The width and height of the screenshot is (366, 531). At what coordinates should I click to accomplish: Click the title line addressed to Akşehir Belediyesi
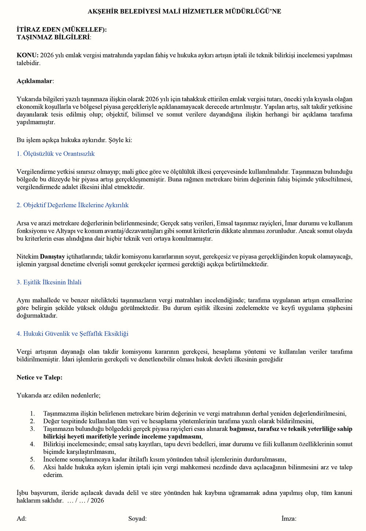coord(184,11)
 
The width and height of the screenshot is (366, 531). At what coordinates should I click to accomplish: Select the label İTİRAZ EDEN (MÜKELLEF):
coord(61,30)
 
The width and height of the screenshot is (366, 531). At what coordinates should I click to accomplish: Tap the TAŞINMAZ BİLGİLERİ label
coord(53,37)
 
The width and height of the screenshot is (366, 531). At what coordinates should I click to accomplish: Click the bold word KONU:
coord(27,55)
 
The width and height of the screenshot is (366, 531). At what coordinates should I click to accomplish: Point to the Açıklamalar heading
coord(35,81)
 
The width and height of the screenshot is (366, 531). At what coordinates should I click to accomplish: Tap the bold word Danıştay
coord(52,257)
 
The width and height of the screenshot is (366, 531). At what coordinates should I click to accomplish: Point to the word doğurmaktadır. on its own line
coord(37,316)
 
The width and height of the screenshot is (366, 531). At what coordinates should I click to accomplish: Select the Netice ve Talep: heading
coord(40,377)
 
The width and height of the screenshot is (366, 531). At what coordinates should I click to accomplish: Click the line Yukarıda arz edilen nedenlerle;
coord(59,395)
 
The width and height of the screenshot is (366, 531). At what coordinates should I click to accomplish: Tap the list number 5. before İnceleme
coord(33,460)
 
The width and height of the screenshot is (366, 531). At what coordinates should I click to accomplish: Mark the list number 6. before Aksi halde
coord(33,467)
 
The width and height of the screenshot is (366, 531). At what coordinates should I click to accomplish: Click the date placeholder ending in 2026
coord(86,501)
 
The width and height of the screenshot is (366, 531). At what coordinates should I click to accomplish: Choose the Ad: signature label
coord(22,519)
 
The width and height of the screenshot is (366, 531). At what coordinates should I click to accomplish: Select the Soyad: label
coord(137,519)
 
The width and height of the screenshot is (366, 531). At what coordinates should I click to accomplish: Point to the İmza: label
coord(289,519)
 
